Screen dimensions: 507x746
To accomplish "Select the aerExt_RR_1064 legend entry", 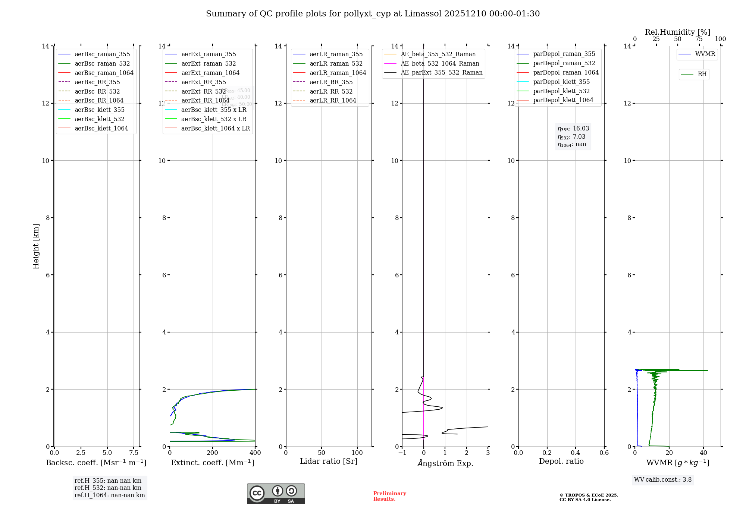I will click(205, 101).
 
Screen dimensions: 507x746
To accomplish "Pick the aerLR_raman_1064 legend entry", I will click(338, 73).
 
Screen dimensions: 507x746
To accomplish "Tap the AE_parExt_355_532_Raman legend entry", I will click(441, 73).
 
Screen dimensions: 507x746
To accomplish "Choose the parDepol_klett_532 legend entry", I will click(561, 91).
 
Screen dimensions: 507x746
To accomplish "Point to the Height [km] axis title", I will click(36, 246).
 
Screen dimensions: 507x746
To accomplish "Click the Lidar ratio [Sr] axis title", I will click(329, 462).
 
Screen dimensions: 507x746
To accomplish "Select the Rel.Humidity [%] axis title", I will click(677, 32).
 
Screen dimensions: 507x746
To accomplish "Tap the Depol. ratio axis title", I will click(561, 462).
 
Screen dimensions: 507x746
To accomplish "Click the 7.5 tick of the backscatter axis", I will click(134, 453).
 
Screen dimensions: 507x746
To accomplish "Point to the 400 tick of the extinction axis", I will click(255, 453).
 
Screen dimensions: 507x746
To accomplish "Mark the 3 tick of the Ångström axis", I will click(488, 453).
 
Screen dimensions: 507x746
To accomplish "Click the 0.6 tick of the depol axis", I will click(604, 453).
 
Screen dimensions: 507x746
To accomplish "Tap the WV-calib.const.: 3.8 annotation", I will click(662, 480).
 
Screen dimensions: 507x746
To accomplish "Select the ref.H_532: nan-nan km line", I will click(108, 488).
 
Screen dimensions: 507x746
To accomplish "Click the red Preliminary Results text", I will click(389, 496).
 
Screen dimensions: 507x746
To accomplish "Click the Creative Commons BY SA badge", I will click(276, 494).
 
